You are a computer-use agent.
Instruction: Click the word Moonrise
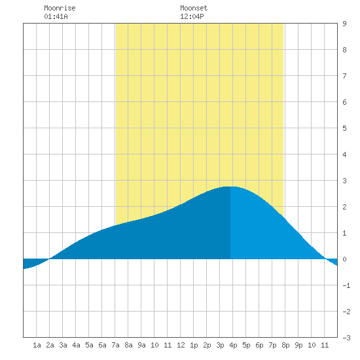[60, 8]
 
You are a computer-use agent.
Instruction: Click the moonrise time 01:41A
[56, 16]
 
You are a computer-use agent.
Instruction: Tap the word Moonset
[194, 8]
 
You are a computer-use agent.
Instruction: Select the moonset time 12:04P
[192, 16]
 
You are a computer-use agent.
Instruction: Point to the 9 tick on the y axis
[344, 24]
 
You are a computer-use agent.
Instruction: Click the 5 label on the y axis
[344, 128]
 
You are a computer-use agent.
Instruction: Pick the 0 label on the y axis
[344, 259]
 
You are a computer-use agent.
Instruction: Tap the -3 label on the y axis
[346, 338]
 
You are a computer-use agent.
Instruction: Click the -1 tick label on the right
[346, 285]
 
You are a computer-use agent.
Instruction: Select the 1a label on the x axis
[37, 345]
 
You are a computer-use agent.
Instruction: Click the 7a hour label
[115, 345]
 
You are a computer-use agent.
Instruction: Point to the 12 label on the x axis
[181, 345]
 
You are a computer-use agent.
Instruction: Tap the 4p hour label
[233, 345]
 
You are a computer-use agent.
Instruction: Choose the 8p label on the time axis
[285, 345]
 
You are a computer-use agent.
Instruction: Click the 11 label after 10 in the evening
[325, 345]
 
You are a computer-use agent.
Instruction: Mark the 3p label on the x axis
[220, 345]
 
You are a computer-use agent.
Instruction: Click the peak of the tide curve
[230, 187]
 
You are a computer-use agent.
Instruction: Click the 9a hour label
[141, 345]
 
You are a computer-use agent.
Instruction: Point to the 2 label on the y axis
[344, 207]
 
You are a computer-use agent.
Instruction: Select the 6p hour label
[259, 345]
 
